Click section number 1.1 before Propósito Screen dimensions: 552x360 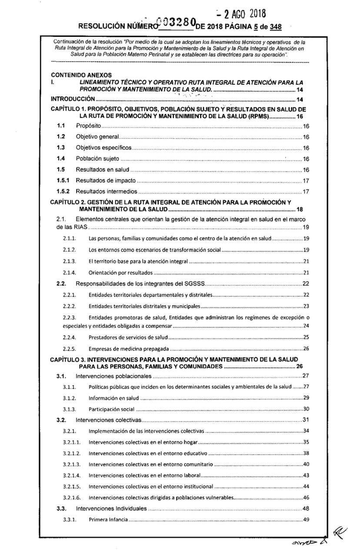61,126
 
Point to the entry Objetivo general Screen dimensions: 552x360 98,137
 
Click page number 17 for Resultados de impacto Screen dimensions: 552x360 305,180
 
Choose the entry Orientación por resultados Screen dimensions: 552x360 120,273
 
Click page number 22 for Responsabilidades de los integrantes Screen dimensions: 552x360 305,284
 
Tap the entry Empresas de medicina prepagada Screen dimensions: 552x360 128,348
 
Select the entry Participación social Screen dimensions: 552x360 111,409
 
